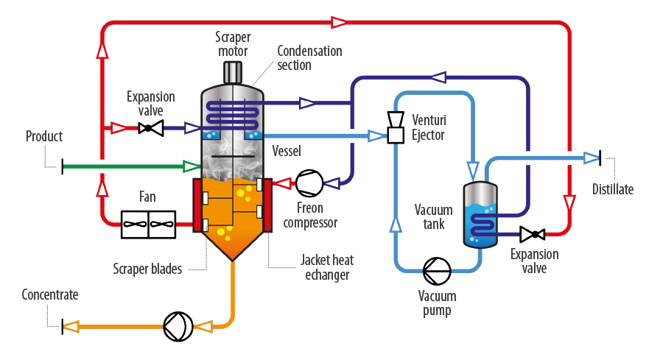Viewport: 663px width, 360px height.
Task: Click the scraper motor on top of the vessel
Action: point(233,73)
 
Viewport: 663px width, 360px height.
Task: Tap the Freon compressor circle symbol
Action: point(309,183)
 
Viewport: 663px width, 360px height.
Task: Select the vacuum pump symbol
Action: point(437,271)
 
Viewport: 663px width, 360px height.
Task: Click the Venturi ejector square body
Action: point(396,135)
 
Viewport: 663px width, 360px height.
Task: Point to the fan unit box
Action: point(148,225)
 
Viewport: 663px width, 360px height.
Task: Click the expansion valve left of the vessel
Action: point(151,127)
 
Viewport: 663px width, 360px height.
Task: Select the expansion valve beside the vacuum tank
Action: point(533,234)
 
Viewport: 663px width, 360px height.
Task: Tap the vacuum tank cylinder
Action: point(480,214)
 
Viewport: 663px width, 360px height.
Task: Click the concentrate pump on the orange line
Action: point(178,327)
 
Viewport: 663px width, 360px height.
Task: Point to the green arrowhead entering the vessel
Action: point(191,166)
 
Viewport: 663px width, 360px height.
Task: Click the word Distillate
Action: point(613,189)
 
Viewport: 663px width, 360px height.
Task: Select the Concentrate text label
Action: point(50,294)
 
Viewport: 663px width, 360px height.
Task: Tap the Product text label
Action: point(44,136)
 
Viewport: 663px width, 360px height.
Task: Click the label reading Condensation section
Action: point(309,58)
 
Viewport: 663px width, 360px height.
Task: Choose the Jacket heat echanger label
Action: point(327,267)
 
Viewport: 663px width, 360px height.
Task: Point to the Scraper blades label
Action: point(147,269)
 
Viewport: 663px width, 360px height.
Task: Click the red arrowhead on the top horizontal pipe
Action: point(339,22)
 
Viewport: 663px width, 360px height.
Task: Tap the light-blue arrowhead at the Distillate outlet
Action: point(592,158)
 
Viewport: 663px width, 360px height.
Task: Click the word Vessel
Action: point(287,151)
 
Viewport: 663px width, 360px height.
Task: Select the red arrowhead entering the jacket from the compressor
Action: point(282,183)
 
